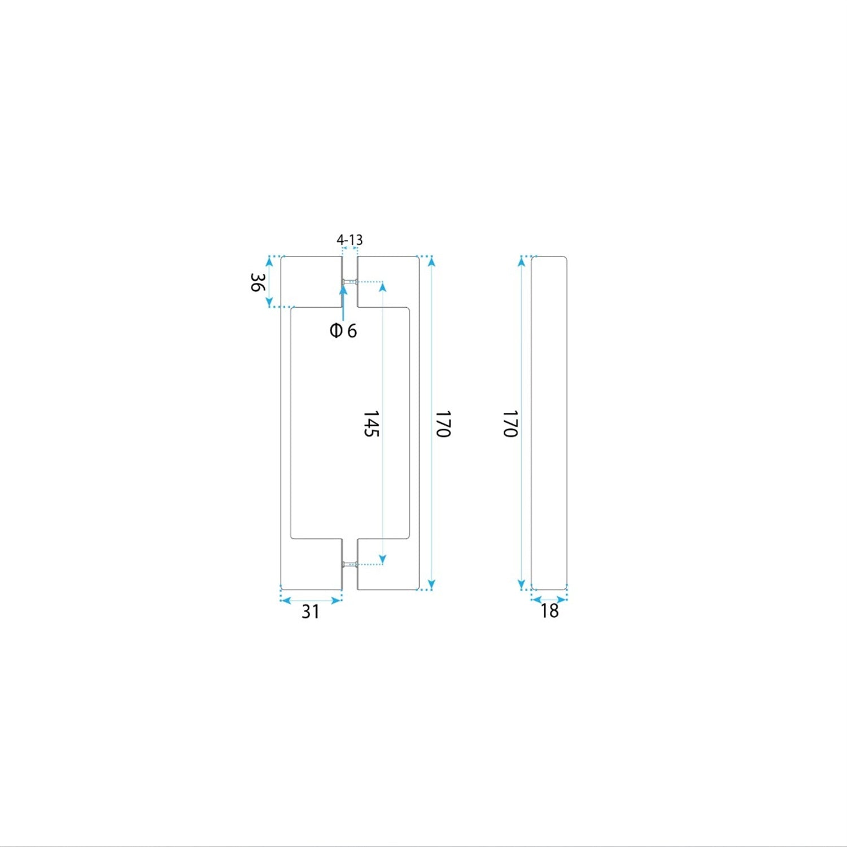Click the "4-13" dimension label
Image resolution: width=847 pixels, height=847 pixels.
pos(350,240)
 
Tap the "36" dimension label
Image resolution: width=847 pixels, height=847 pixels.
pos(257,282)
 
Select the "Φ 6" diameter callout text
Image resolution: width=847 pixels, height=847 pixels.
pos(343,330)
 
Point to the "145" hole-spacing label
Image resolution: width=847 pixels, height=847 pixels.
pos(370,423)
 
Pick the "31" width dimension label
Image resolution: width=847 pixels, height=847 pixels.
pos(311,612)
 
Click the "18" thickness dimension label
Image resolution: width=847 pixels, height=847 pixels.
pos(549,610)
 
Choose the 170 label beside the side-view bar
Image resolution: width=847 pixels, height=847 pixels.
pos(510,424)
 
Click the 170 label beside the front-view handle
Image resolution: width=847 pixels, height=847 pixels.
pos(443,424)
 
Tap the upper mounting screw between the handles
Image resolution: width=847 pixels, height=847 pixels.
pos(350,281)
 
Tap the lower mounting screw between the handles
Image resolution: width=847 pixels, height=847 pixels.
pos(350,564)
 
